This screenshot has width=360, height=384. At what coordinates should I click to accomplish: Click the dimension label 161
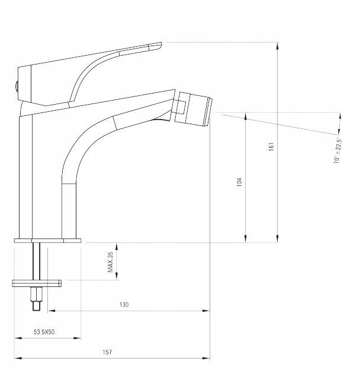coord(271,147)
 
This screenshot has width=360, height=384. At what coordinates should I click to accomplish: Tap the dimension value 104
coord(239,182)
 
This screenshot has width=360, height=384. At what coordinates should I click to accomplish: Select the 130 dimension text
coord(124,305)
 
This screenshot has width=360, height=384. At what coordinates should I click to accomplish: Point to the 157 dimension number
coord(107,352)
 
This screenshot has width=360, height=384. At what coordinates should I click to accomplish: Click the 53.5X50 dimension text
coord(44,332)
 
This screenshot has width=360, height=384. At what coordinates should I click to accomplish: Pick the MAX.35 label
coord(110,262)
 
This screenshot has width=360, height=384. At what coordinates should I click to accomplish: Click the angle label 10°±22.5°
coord(337,150)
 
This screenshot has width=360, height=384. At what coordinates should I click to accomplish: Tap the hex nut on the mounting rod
coord(36,294)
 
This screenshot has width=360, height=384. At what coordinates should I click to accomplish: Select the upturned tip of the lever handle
coord(156,47)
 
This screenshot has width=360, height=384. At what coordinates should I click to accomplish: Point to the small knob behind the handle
coord(16,87)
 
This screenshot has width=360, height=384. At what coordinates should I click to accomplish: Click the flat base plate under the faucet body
coord(47,240)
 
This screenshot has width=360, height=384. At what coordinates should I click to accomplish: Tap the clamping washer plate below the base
coord(37,283)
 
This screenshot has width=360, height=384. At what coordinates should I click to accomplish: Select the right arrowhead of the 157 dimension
coord(206,359)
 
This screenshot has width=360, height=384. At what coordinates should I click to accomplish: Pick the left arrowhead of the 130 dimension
coord(52,311)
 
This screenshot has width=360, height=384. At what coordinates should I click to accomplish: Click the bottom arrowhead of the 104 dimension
coord(246,238)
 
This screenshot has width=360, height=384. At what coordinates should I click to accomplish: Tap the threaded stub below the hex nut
coord(36,306)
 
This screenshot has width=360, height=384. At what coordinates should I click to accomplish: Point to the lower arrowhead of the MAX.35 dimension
coord(117,276)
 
